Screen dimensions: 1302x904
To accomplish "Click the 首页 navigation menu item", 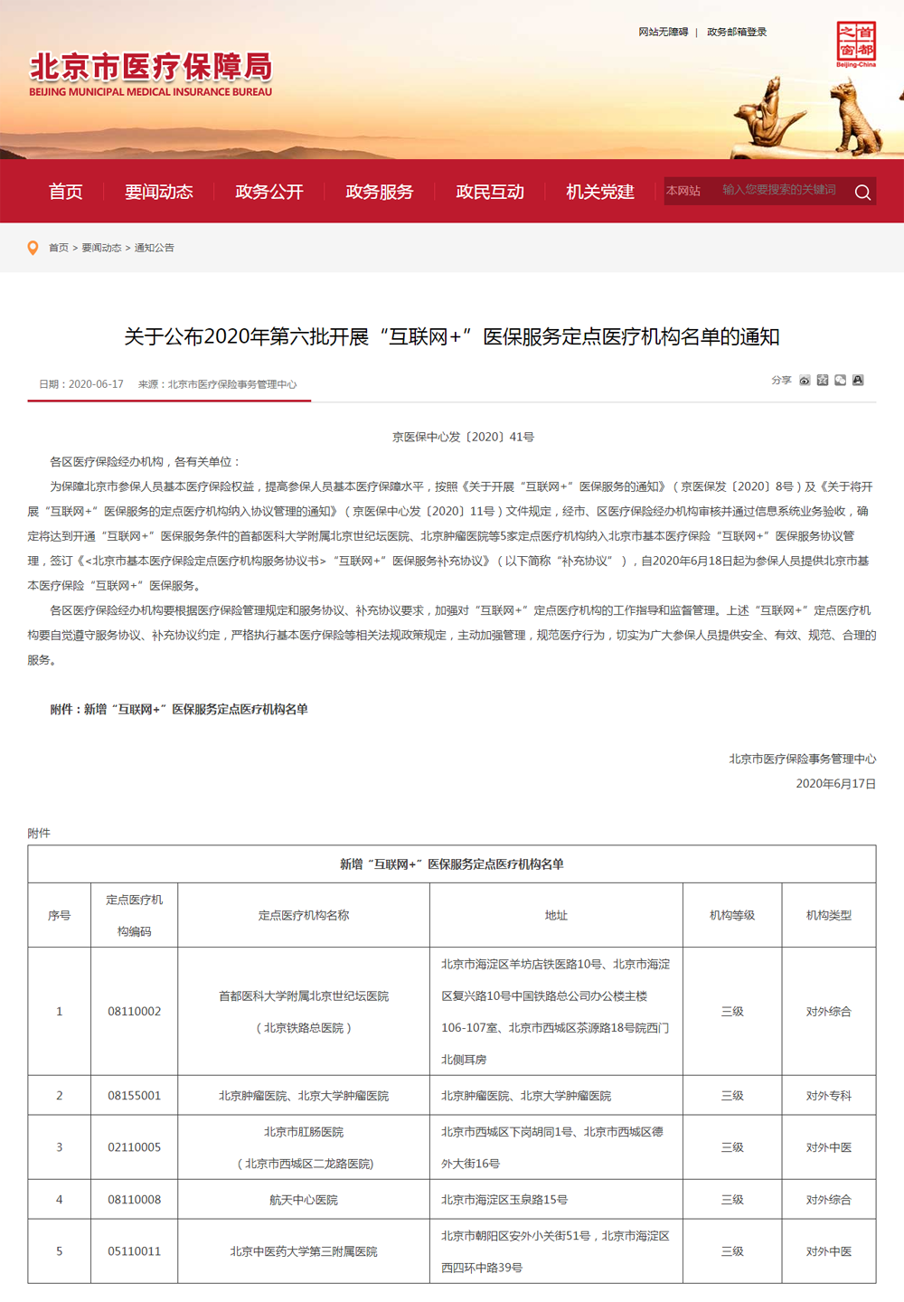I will pyautogui.click(x=66, y=192).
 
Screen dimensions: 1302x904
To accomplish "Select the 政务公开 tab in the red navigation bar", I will pyautogui.click(x=268, y=192).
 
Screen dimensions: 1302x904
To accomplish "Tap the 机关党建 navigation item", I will pyautogui.click(x=599, y=192).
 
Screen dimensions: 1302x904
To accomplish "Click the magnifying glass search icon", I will pyautogui.click(x=862, y=192).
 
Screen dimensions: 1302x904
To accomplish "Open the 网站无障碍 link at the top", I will pyautogui.click(x=663, y=32).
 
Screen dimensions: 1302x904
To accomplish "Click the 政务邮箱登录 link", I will pyautogui.click(x=736, y=32).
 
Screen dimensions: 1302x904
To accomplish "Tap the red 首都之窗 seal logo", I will pyautogui.click(x=855, y=44).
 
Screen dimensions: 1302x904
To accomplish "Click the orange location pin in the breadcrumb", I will pyautogui.click(x=33, y=248).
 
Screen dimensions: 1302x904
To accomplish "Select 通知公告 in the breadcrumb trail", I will pyautogui.click(x=154, y=248).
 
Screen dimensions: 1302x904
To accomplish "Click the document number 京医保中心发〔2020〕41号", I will pyautogui.click(x=463, y=437).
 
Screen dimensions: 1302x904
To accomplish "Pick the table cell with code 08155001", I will pyautogui.click(x=134, y=1095).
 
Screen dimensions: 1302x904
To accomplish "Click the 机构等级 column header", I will pyautogui.click(x=731, y=915).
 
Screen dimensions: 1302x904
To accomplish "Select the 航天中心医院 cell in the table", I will pyautogui.click(x=303, y=1200).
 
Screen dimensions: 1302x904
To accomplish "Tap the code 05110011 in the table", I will pyautogui.click(x=134, y=1251).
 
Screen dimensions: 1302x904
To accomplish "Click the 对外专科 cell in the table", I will pyautogui.click(x=828, y=1095).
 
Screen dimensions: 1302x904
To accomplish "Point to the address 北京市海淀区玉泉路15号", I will pyautogui.click(x=504, y=1200).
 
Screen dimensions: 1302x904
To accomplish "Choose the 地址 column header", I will pyautogui.click(x=556, y=915).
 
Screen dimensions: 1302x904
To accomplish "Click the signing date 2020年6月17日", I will pyautogui.click(x=835, y=784).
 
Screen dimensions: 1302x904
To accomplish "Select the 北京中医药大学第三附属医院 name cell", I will pyautogui.click(x=303, y=1251).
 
